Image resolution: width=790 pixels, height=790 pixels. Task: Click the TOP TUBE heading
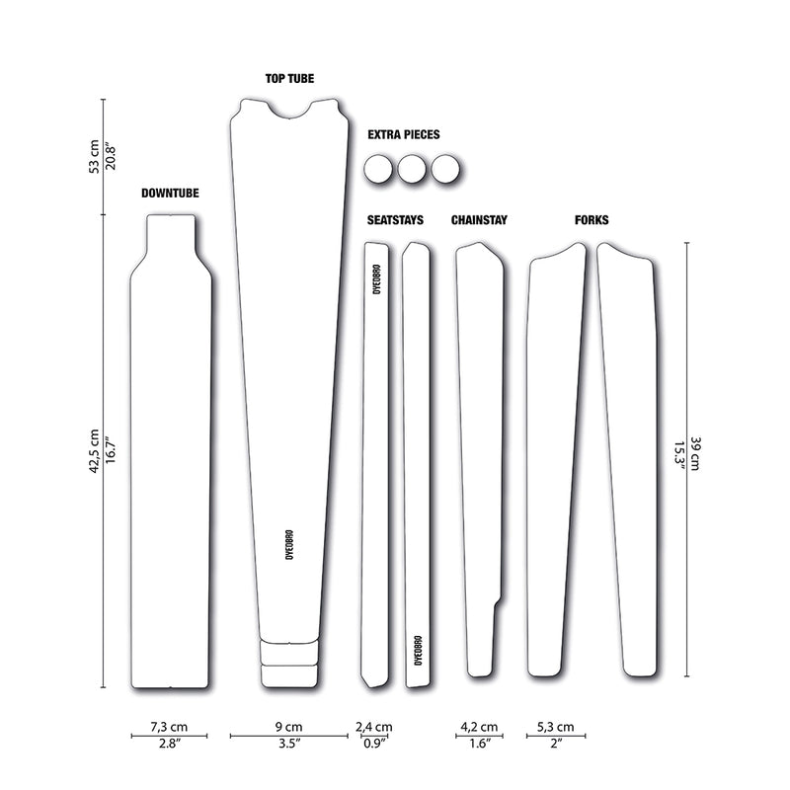(x=288, y=78)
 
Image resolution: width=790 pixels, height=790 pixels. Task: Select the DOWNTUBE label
(x=170, y=194)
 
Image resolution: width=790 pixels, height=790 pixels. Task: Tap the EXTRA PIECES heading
(x=403, y=134)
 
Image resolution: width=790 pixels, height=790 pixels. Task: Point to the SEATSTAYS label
(x=395, y=220)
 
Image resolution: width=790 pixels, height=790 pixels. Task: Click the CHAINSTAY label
(x=479, y=220)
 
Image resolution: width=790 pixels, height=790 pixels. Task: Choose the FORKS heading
(x=592, y=220)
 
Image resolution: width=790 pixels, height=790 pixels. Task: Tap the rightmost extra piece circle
(x=445, y=170)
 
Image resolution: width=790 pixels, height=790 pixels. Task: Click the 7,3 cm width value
(x=170, y=727)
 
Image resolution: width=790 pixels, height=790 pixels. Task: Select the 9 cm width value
(x=288, y=727)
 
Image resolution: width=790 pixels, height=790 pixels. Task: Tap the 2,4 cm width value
(x=373, y=727)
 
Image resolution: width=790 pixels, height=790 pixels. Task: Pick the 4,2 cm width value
(x=479, y=727)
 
